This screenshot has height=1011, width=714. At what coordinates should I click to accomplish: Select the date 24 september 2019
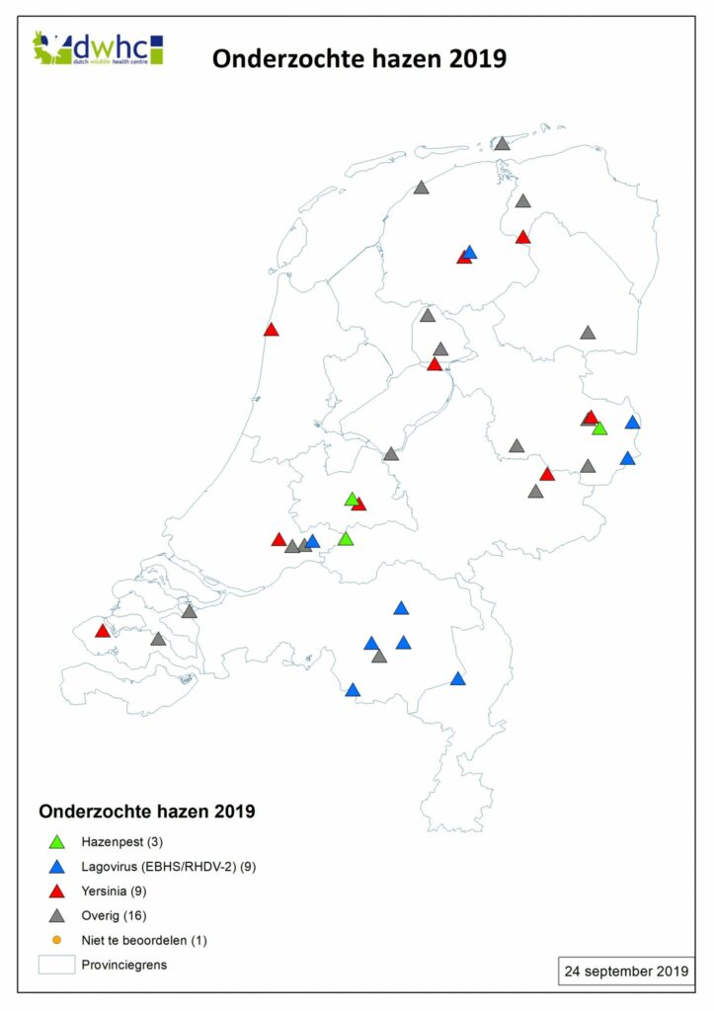point(626,970)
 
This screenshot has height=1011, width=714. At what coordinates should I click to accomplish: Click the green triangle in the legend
point(57,843)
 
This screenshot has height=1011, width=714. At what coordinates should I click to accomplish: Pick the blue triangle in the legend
point(57,868)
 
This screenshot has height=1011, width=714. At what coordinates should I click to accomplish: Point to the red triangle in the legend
point(57,893)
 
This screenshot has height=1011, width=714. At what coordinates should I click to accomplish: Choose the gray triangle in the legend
point(57,916)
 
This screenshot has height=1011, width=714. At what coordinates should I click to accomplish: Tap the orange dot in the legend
point(57,940)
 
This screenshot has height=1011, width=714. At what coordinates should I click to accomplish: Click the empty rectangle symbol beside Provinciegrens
point(57,965)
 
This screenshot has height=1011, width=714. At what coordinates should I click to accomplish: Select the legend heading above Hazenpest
point(147,812)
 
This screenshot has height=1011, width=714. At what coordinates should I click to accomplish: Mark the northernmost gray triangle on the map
point(502,144)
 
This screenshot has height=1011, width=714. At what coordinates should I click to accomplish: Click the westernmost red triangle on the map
point(102,631)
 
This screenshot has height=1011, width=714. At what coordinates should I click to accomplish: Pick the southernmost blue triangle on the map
point(353,690)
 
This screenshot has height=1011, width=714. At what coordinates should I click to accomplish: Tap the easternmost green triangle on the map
point(599,428)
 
